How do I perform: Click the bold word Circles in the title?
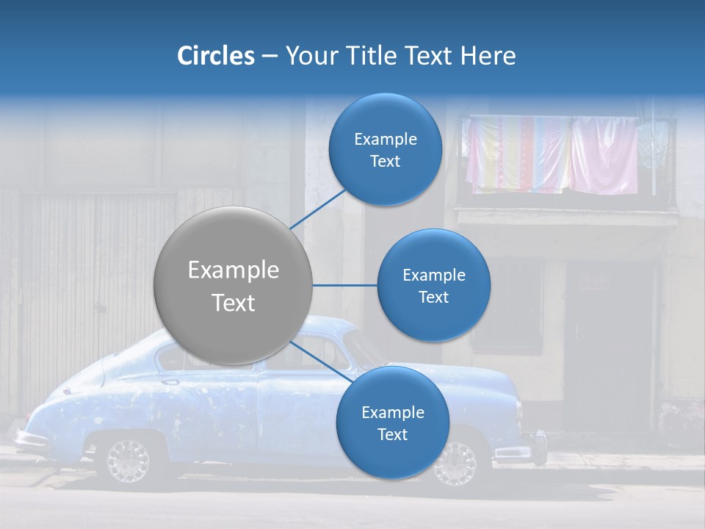[215, 56]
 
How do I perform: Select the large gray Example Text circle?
[234, 285]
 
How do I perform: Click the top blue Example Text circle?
[386, 149]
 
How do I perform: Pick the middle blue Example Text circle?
[433, 285]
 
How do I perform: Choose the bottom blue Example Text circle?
[392, 422]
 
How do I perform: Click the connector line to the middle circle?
[345, 285]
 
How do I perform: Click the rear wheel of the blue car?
[128, 460]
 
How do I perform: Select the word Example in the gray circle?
[234, 270]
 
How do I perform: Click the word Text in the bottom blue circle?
[392, 434]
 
